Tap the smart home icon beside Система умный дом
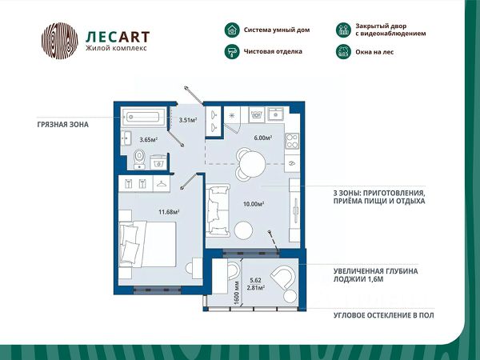pos(231,30)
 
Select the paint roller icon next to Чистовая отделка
pos(231,51)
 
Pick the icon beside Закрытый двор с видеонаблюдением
pos(342,30)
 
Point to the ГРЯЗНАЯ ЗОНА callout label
pos(63,125)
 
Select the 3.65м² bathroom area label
pos(149,139)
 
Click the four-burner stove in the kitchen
pos(291,141)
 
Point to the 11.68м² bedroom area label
pos(169,212)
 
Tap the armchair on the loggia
pos(282,279)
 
